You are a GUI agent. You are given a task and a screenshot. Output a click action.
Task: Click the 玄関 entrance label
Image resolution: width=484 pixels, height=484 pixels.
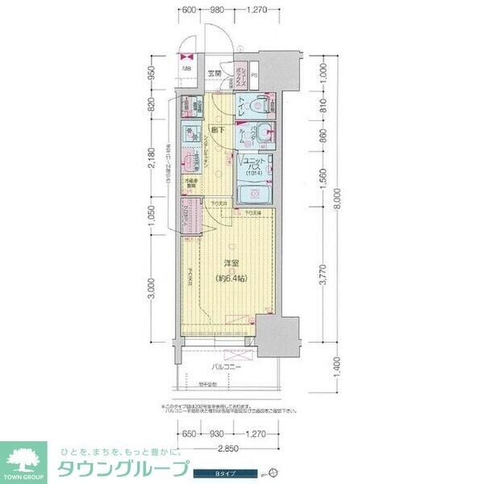point(215,73)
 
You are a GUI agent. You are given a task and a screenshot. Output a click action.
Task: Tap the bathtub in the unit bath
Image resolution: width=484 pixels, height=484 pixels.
point(255,195)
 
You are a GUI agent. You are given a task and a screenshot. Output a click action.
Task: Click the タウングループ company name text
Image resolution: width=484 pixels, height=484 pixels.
point(121,469)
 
